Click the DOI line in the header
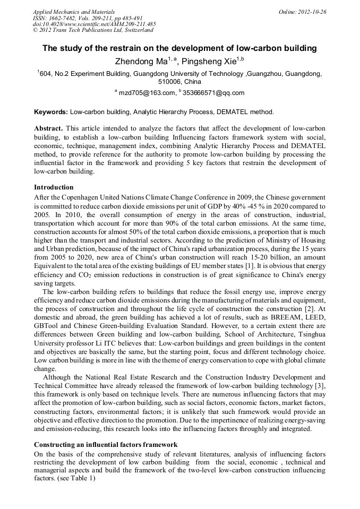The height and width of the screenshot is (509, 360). click(94, 24)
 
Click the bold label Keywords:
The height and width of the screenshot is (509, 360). click(51, 112)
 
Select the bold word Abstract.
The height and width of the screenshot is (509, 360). click(48, 129)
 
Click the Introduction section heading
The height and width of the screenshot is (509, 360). click(54, 187)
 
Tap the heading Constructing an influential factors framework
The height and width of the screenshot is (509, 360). click(105, 444)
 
